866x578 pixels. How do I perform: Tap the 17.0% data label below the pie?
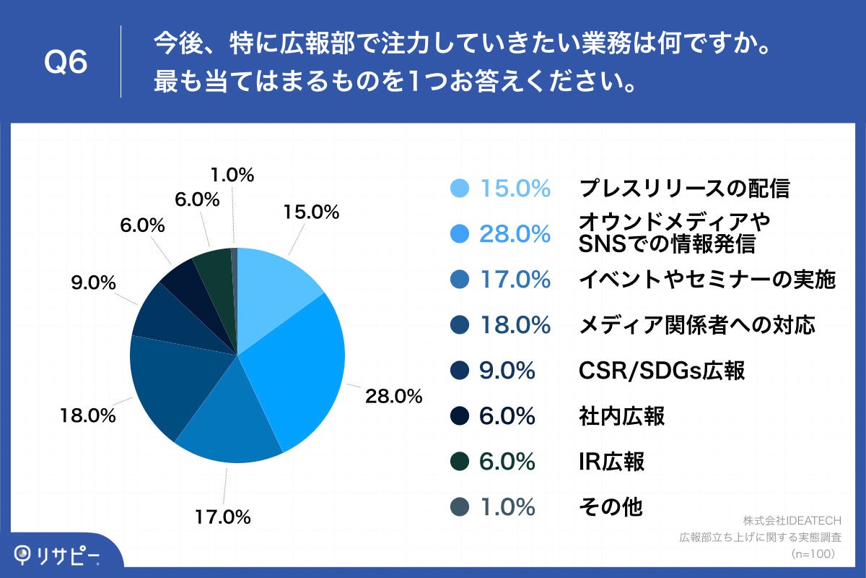click(x=223, y=517)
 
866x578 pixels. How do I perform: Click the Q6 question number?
click(x=66, y=63)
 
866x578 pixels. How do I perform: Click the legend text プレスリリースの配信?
click(x=684, y=189)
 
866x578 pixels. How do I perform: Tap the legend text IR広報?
click(x=611, y=462)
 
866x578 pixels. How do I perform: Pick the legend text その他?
click(x=611, y=507)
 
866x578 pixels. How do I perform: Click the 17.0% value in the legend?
click(x=515, y=280)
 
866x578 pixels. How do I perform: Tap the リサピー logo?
click(x=58, y=555)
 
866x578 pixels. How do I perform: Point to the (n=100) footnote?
click(x=813, y=553)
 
